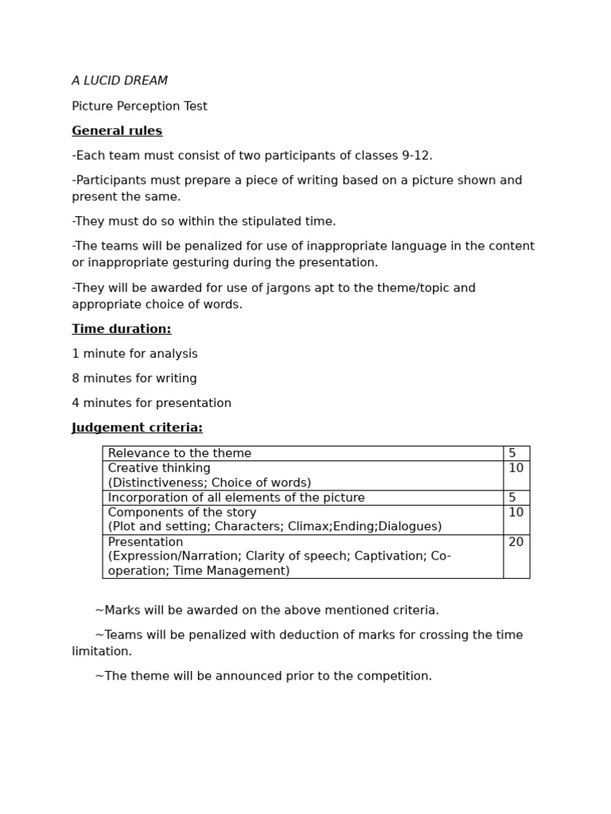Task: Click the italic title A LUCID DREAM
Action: tap(119, 81)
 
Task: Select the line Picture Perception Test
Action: tap(139, 107)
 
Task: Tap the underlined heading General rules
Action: tap(117, 131)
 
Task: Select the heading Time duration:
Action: tap(121, 329)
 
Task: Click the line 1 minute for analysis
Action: tap(134, 354)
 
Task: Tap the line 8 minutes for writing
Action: tap(134, 378)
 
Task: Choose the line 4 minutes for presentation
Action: tap(151, 403)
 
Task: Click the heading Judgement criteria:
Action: tap(137, 428)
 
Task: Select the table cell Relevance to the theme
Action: tap(179, 453)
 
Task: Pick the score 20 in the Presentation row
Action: tap(516, 542)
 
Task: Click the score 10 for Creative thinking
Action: tap(516, 468)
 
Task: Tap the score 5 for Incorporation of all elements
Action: tap(512, 498)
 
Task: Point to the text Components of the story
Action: tap(181, 513)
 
